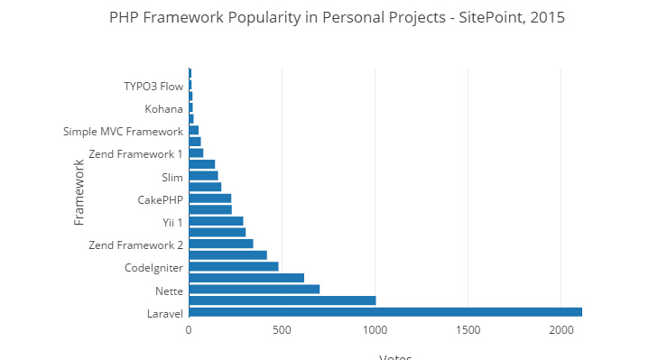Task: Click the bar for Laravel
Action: pyautogui.click(x=385, y=312)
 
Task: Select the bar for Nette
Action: pyautogui.click(x=254, y=290)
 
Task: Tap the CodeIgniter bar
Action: pyautogui.click(x=233, y=266)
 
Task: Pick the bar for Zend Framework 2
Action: pyautogui.click(x=220, y=244)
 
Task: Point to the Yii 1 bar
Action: pyautogui.click(x=216, y=221)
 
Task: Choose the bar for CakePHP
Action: pyautogui.click(x=209, y=198)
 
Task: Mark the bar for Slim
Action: pyautogui.click(x=203, y=175)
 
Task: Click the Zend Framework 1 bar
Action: pyautogui.click(x=196, y=152)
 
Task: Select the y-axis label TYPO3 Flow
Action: pyautogui.click(x=153, y=87)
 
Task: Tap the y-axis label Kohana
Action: pyautogui.click(x=164, y=109)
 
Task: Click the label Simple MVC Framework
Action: pyautogui.click(x=124, y=132)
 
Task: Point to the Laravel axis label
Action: pyautogui.click(x=165, y=314)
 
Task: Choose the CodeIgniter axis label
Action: pyautogui.click(x=154, y=268)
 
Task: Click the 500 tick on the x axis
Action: pyautogui.click(x=282, y=331)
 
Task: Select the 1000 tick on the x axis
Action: pyautogui.click(x=375, y=331)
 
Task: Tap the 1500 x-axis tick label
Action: pyautogui.click(x=468, y=331)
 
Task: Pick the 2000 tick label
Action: pyautogui.click(x=561, y=331)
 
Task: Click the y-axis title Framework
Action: pyautogui.click(x=79, y=192)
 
